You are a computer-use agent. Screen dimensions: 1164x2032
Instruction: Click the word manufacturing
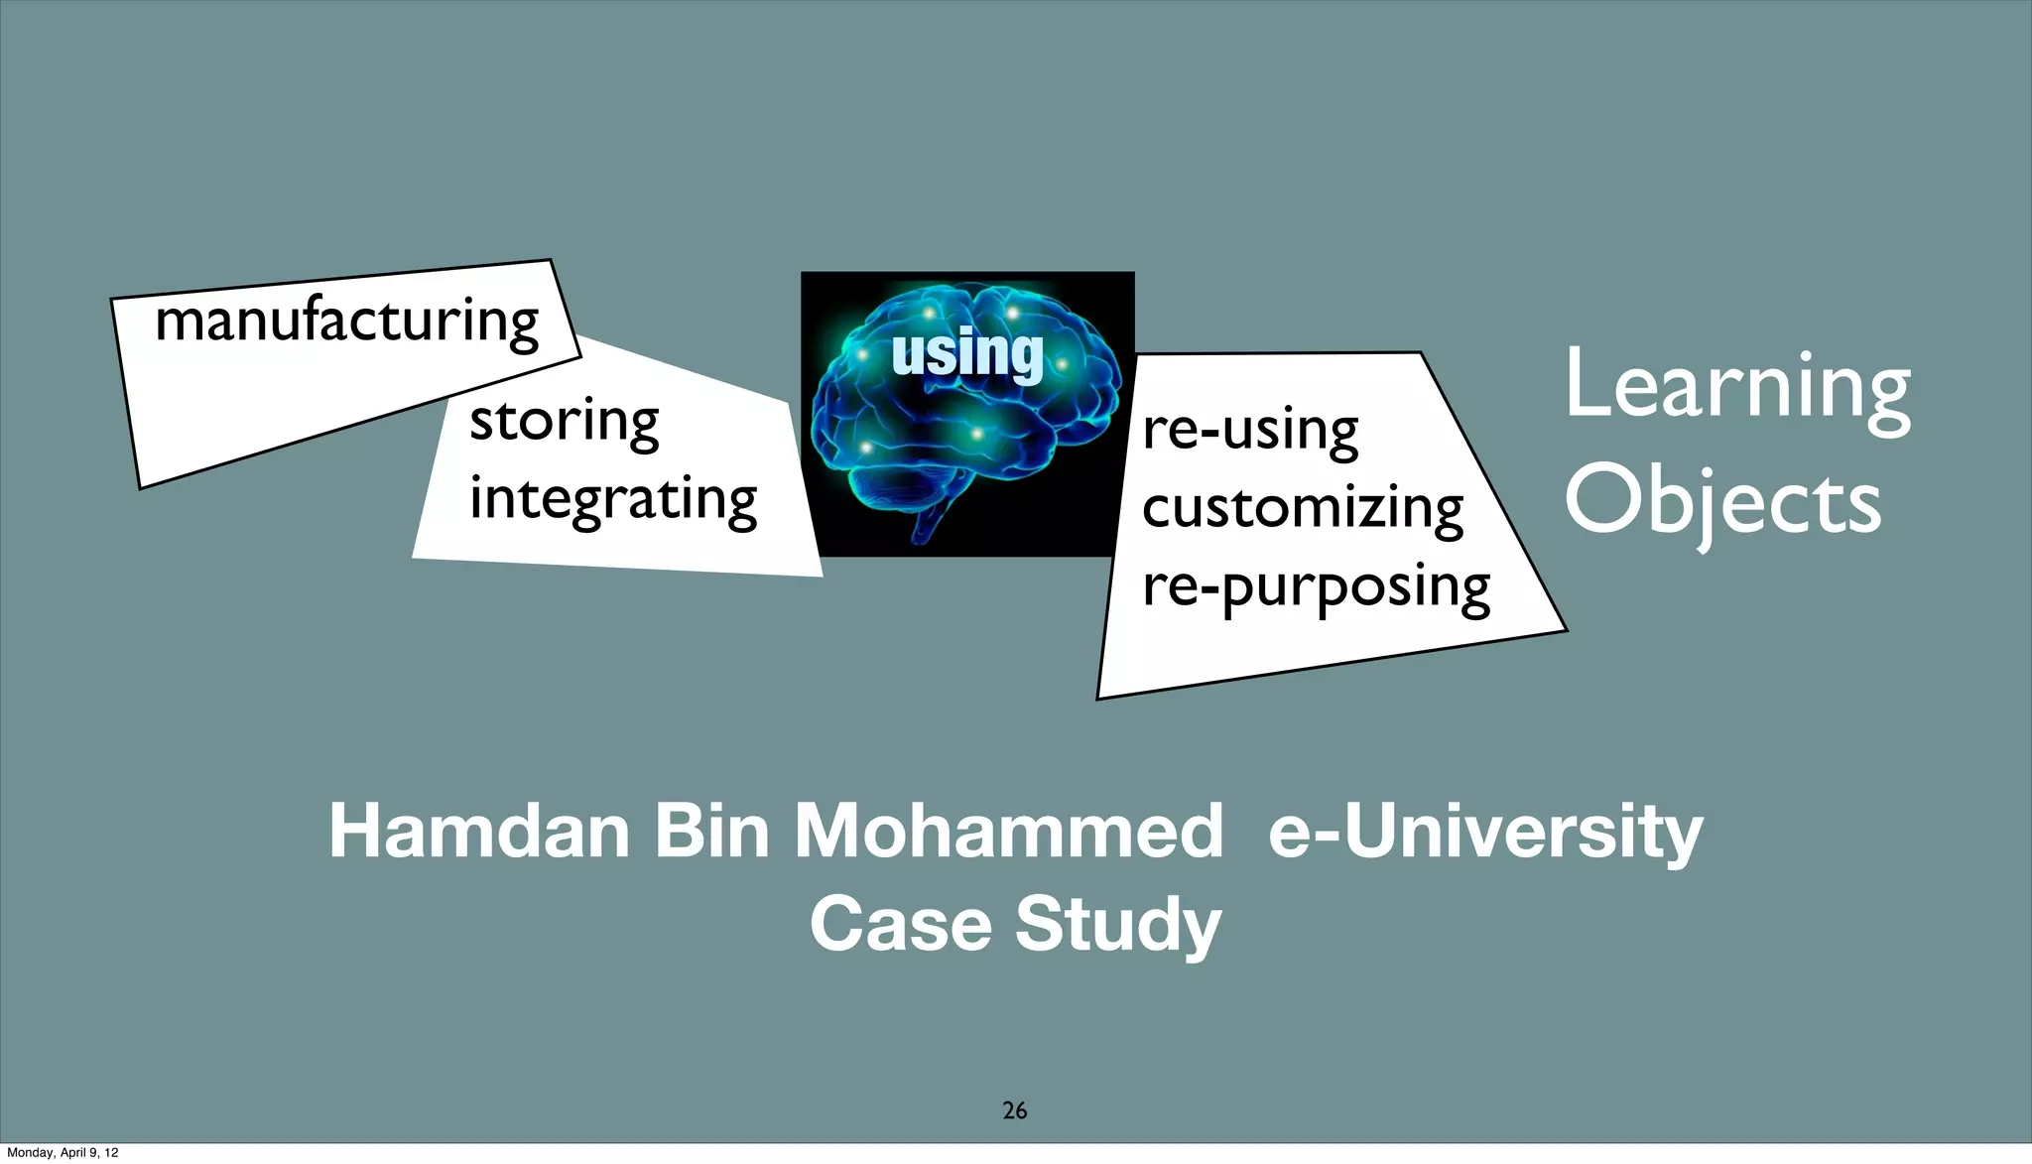click(x=346, y=322)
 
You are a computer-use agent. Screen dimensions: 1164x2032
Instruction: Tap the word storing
click(x=564, y=422)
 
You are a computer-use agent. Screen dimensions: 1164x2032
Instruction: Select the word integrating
click(x=612, y=498)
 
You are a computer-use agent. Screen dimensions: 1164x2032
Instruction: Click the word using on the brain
click(x=967, y=353)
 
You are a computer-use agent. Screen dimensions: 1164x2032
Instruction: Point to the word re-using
click(x=1250, y=431)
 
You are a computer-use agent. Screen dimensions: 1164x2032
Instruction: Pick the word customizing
click(x=1302, y=508)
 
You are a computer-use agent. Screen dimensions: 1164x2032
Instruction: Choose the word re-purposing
click(x=1316, y=586)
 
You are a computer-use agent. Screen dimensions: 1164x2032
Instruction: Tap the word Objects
click(x=1722, y=502)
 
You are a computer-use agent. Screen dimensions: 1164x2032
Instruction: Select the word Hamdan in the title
click(x=479, y=831)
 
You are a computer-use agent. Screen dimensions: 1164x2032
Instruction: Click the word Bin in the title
click(x=711, y=831)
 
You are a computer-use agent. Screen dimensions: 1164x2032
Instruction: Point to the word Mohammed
click(x=1009, y=831)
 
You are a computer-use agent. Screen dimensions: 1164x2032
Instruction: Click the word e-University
click(x=1485, y=831)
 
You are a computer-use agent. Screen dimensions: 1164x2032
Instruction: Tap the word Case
click(x=900, y=923)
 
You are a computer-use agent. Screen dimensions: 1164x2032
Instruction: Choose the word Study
click(x=1117, y=923)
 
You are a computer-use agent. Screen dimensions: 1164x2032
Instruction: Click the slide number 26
click(x=1014, y=1110)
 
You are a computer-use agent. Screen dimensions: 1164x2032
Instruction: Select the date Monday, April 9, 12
click(x=63, y=1152)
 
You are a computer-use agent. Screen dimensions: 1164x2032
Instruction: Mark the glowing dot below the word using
click(x=976, y=434)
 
